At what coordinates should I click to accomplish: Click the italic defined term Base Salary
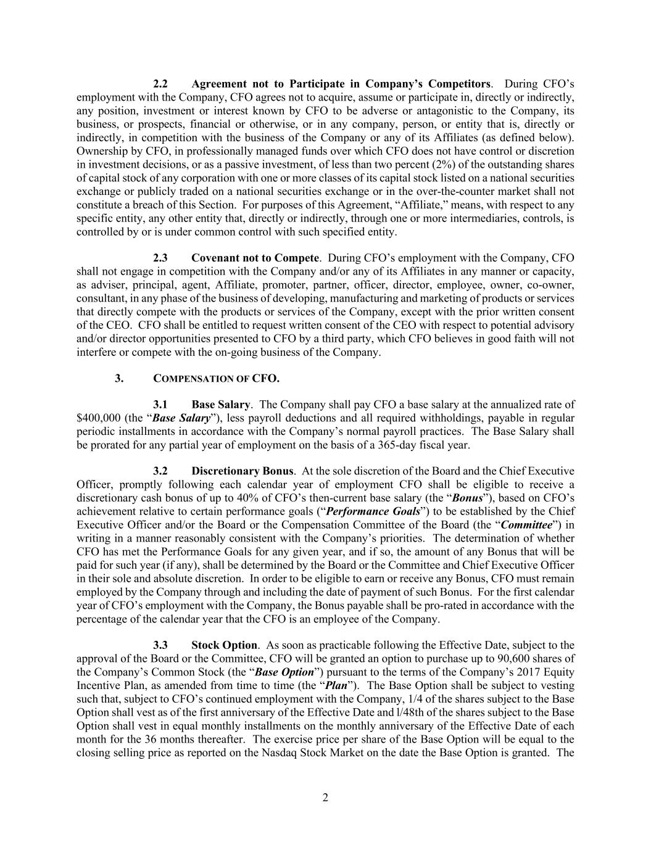pos(181,418)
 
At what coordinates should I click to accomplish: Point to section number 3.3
pos(160,645)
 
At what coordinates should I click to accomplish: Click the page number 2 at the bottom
pos(325,798)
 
